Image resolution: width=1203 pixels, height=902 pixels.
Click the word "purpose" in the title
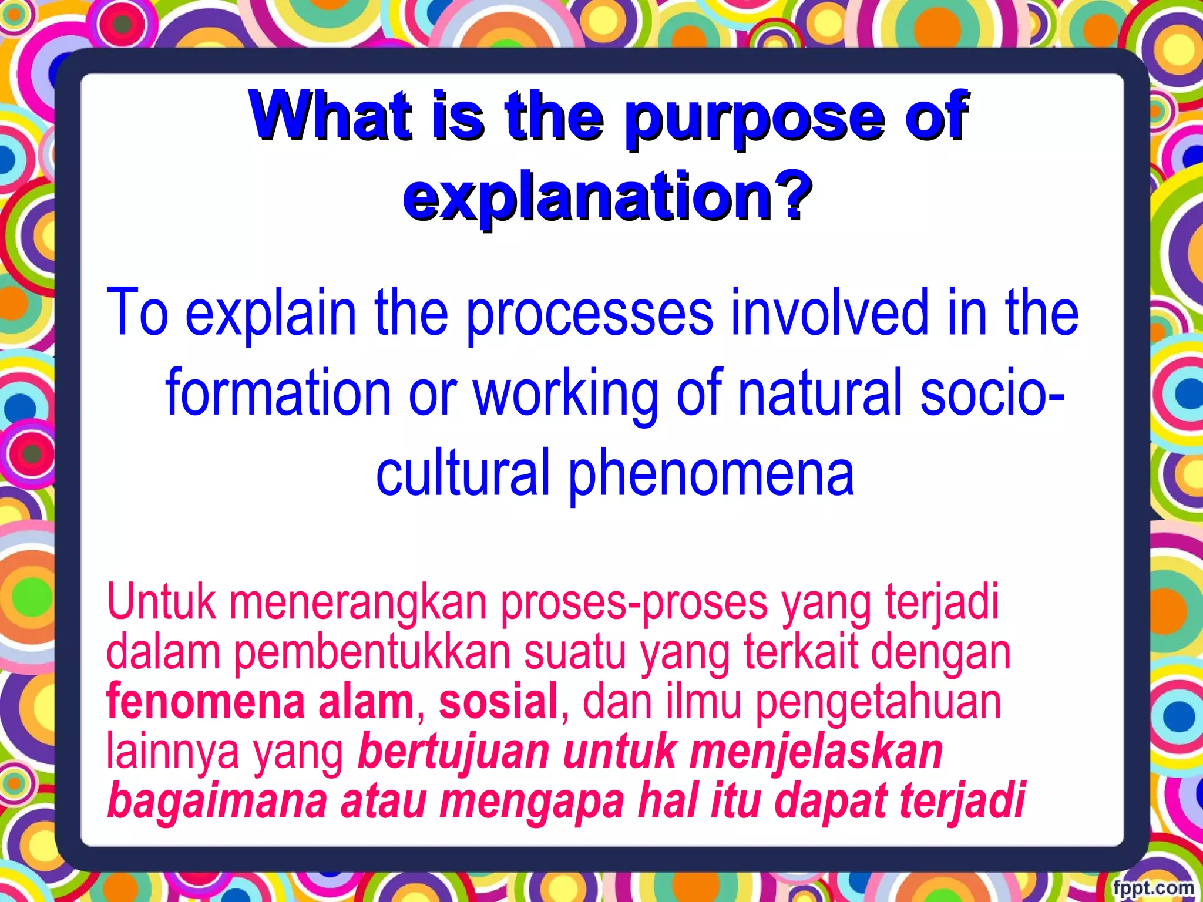754,117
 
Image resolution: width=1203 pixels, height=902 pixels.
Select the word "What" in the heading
330,115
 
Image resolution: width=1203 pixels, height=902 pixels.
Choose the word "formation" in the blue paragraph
278,392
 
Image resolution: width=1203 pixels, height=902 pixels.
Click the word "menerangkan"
358,604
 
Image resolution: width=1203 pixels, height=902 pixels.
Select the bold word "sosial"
498,701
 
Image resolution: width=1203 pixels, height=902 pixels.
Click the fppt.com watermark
1153,887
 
